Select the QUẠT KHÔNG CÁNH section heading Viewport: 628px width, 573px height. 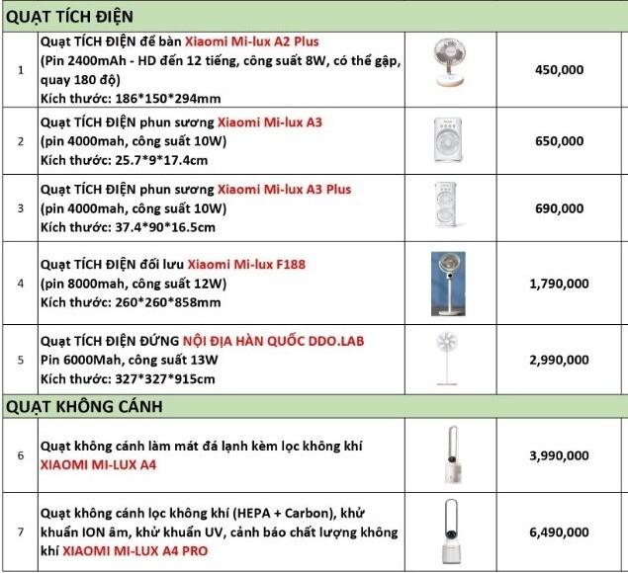point(84,405)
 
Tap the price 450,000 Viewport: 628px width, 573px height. point(559,70)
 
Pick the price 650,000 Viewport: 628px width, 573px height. point(559,141)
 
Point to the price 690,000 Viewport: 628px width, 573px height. point(559,208)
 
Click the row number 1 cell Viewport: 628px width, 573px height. point(21,70)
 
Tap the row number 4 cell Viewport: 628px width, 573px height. point(21,284)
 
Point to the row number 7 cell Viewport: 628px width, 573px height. point(21,532)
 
